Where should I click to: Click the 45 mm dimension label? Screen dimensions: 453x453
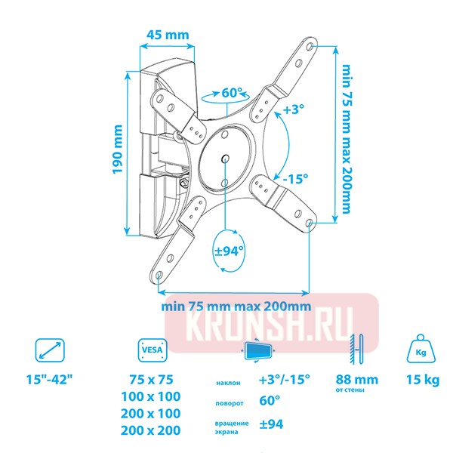click(x=167, y=35)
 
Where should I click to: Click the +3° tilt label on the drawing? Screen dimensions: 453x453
click(x=293, y=109)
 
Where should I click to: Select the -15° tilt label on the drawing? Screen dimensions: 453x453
click(x=295, y=179)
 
